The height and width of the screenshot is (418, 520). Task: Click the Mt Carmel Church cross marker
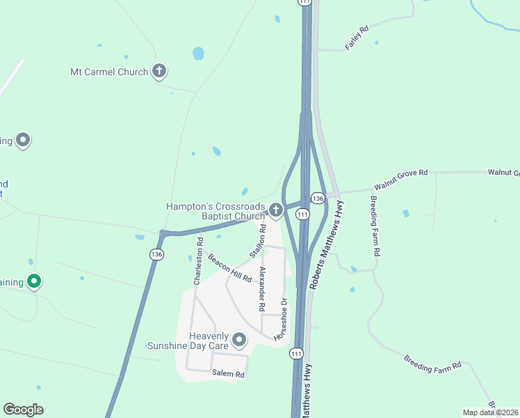click(x=159, y=71)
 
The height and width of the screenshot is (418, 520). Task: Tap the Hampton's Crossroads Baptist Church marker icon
click(x=276, y=210)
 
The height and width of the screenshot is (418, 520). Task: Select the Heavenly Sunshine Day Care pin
click(x=239, y=340)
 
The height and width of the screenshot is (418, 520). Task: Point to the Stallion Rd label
click(x=257, y=239)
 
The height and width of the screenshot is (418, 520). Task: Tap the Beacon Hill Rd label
click(x=229, y=266)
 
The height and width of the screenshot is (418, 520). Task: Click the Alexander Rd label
click(x=261, y=288)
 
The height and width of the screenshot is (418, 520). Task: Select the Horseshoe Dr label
click(x=282, y=319)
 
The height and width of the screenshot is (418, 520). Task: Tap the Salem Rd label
click(x=229, y=374)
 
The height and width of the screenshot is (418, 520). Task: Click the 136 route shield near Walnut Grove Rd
click(x=318, y=199)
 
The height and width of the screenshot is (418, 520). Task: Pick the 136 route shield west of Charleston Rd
click(x=156, y=255)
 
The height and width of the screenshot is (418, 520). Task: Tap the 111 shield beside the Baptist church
click(x=302, y=215)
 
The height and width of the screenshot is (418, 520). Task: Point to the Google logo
click(x=23, y=409)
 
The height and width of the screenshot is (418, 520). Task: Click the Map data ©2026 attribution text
click(x=489, y=412)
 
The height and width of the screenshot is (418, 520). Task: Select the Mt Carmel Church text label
click(x=109, y=72)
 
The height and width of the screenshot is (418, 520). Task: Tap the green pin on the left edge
click(x=32, y=281)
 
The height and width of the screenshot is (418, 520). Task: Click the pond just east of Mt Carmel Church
click(x=198, y=53)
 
